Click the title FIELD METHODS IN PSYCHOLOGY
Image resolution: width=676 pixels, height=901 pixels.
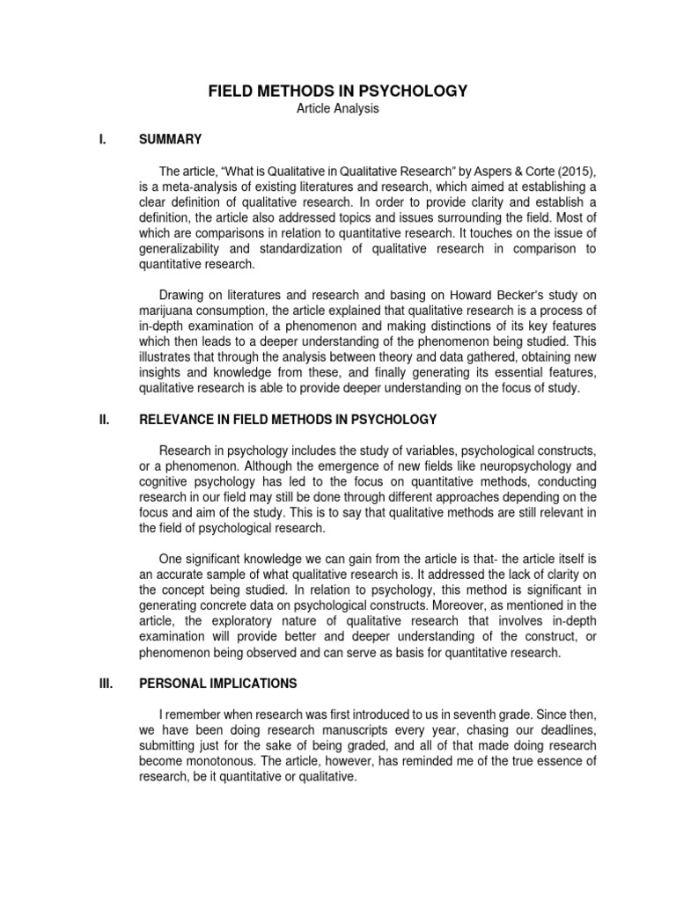tap(337, 91)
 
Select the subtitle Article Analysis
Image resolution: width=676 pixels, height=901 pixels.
tap(337, 108)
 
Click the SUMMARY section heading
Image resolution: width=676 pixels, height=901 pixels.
tap(171, 139)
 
